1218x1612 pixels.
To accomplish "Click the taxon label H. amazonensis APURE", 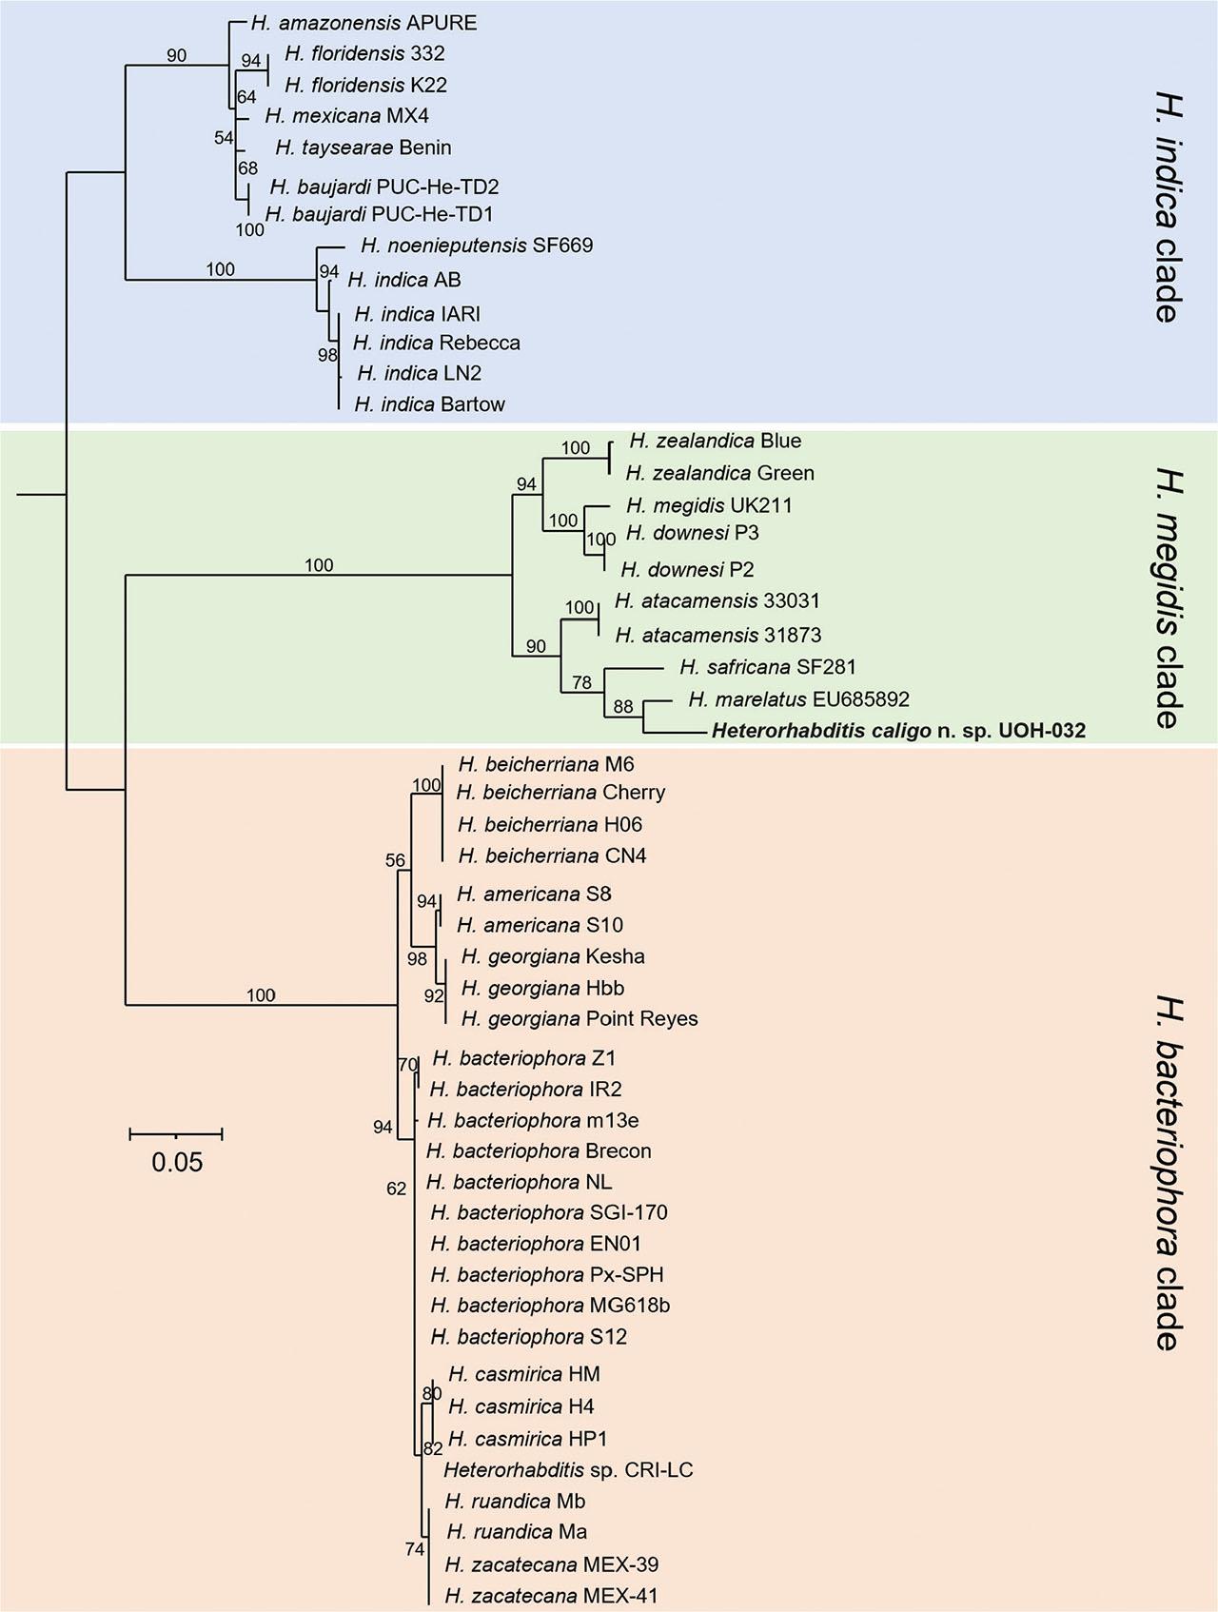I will [x=364, y=23].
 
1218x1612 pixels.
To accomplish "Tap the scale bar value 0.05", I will [x=178, y=1162].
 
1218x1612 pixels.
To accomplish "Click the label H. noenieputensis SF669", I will [x=477, y=246].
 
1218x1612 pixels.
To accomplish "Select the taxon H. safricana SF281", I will [x=768, y=667].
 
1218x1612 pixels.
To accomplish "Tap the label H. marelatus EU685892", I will [x=798, y=699].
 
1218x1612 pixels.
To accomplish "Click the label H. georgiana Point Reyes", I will [x=580, y=1019].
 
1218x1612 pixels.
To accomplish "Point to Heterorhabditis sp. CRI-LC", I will [x=568, y=1470].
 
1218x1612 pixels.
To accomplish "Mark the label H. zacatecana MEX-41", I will [x=551, y=1596].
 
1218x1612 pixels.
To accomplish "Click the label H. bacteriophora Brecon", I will [x=539, y=1150].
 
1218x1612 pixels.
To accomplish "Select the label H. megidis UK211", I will [x=709, y=505].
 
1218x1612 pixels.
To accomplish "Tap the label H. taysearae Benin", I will [x=363, y=147].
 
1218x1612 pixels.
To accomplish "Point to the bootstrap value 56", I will [x=395, y=861].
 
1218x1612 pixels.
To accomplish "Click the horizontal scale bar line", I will [x=176, y=1133].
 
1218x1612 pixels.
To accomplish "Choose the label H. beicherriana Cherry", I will [x=560, y=793].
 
